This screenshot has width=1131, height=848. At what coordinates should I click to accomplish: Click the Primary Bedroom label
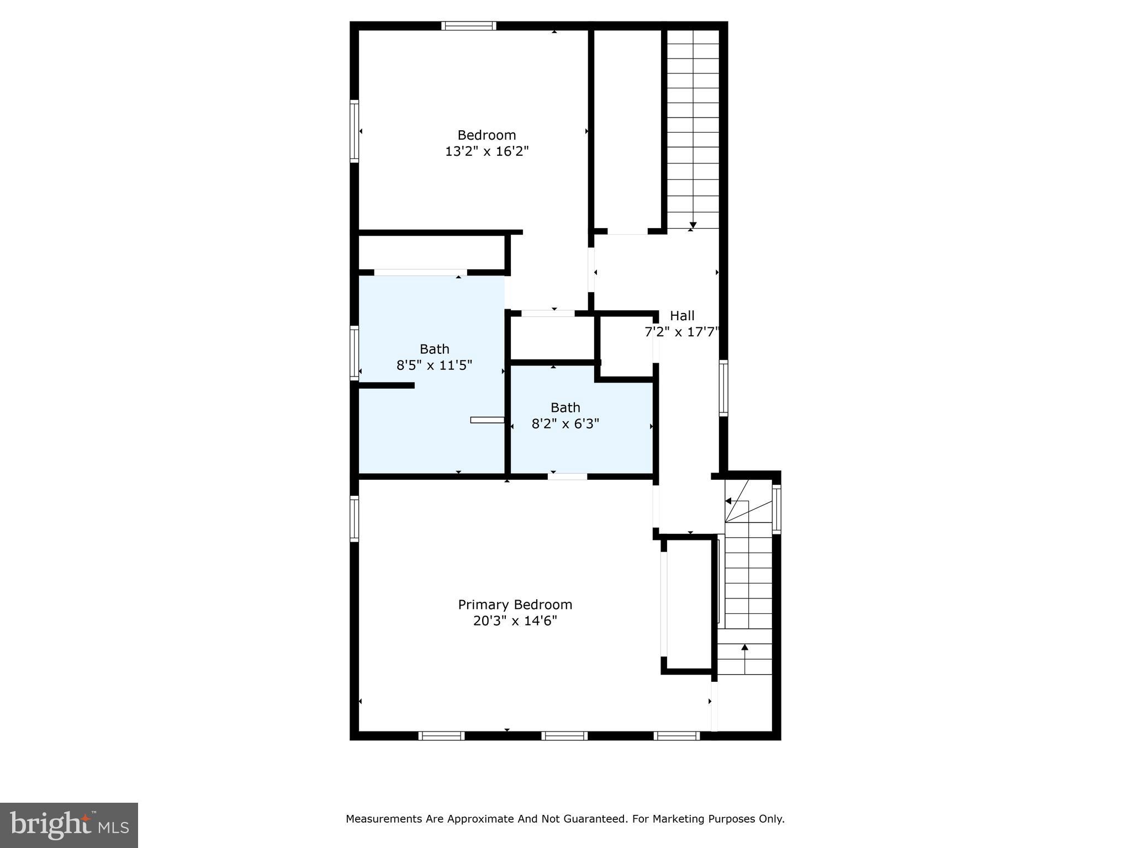pos(515,605)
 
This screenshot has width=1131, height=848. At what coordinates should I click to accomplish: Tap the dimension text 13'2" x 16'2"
pos(487,151)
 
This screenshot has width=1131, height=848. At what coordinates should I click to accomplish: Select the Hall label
pos(682,316)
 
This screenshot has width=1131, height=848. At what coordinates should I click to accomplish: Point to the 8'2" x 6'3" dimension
pos(565,424)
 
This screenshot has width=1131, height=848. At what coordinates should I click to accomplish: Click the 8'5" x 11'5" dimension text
pos(434,365)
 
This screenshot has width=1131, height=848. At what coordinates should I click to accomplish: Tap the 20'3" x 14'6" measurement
pos(515,621)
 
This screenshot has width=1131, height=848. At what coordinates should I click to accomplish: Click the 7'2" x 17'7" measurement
pos(682,332)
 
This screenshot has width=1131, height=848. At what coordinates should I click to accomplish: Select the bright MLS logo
pos(69,825)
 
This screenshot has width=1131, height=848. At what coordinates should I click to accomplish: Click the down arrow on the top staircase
pos(693,225)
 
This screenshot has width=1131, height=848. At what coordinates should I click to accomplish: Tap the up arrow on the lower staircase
pos(744,648)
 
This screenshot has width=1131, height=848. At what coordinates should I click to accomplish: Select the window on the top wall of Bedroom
pos(468,25)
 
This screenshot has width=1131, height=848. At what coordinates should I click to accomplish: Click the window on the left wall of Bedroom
pos(355,131)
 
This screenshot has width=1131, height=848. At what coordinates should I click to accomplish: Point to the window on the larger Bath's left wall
pos(355,353)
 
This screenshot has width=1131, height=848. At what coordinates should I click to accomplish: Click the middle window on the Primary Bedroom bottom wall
pos(564,735)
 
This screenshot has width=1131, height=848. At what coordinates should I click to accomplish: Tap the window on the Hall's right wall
pos(723,388)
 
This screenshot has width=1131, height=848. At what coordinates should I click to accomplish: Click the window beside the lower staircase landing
pos(776,509)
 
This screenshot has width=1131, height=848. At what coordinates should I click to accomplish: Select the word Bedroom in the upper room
pos(487,135)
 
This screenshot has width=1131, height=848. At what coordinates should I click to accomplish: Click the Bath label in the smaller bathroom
pos(565,407)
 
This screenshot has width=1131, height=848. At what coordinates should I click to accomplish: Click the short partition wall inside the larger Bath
pos(387,385)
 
